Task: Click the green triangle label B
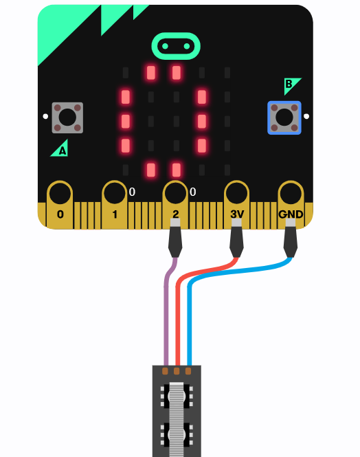[291, 85]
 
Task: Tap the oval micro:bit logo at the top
[176, 46]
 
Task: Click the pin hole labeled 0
[60, 194]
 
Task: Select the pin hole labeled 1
[115, 193]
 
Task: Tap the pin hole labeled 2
[175, 193]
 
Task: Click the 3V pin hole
[236, 193]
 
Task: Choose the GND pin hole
[291, 193]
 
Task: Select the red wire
[178, 315]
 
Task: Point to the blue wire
[190, 317]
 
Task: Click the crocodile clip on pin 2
[175, 238]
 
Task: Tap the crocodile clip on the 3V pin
[236, 238]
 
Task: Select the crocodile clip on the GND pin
[291, 238]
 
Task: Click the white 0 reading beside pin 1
[132, 192]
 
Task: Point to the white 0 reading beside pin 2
[192, 192]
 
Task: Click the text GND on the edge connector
[291, 214]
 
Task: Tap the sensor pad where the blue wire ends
[188, 371]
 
